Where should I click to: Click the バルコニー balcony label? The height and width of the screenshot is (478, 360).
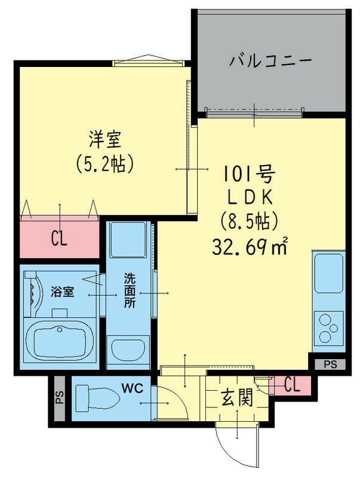point(270,62)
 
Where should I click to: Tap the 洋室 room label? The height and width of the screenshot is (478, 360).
point(105,139)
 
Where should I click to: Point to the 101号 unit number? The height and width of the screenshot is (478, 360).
point(249,175)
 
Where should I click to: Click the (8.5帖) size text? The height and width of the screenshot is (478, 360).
point(250,222)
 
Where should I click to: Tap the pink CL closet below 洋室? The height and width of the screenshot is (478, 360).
point(59,239)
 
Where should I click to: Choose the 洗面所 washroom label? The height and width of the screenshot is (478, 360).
point(130,289)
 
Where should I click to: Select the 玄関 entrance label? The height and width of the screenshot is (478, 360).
point(236,397)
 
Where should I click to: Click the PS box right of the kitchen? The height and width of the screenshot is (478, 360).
point(330,364)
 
